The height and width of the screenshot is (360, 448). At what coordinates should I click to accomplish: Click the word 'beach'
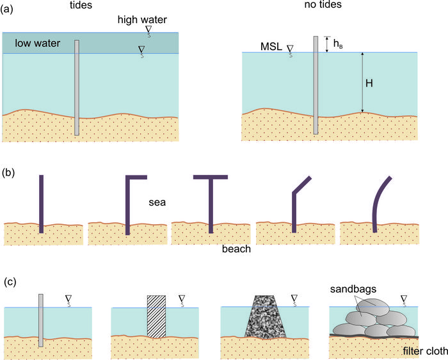tap(236, 249)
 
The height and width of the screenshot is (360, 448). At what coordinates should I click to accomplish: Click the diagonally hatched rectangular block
tap(156, 316)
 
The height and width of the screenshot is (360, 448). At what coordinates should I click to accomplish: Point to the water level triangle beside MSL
tap(291, 48)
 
